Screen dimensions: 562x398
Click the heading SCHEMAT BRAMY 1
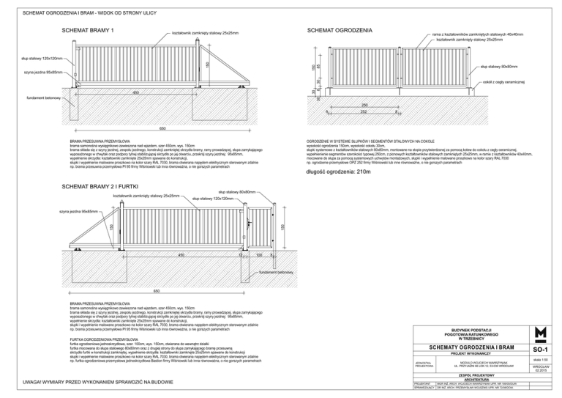point(87,30)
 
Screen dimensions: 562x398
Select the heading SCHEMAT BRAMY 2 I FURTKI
point(100,188)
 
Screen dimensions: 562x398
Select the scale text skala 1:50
point(542,358)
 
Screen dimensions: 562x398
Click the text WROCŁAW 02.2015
point(542,372)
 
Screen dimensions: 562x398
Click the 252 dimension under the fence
point(362,112)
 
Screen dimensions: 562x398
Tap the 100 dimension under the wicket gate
point(259,254)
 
